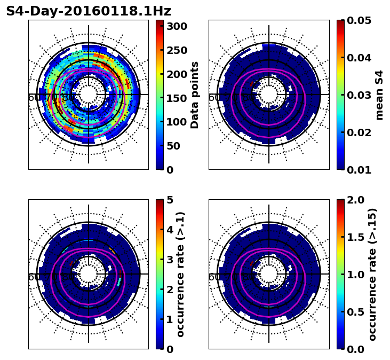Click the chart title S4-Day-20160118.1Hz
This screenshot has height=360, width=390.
89,11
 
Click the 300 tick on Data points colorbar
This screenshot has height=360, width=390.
176,27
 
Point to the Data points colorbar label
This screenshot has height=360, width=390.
195,95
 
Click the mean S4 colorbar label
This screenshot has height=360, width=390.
379,95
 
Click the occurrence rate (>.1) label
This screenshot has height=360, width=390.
181,274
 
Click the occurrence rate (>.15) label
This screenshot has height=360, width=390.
372,274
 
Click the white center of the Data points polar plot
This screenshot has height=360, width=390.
89,95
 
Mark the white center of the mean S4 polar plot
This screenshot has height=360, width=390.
269,95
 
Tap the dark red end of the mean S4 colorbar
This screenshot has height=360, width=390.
340,22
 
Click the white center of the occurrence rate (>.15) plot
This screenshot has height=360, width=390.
269,274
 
